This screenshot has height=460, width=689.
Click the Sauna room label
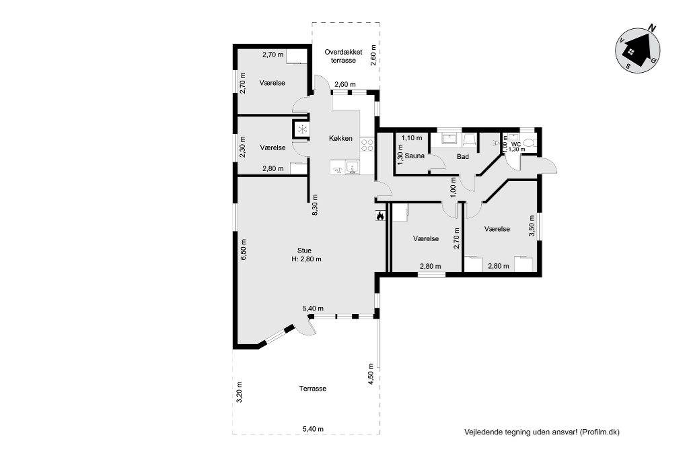click(x=414, y=156)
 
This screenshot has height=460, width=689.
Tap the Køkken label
click(x=340, y=138)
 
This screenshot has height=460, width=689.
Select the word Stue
click(x=304, y=251)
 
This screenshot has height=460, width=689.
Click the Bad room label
click(x=463, y=156)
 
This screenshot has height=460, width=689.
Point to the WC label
click(x=516, y=144)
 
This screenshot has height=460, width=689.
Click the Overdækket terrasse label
click(x=343, y=56)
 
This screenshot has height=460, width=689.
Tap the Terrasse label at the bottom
click(x=312, y=389)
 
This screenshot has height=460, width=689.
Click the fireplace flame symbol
click(x=379, y=216)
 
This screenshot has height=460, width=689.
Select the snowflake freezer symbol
click(x=301, y=129)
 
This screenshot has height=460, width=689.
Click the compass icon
click(x=637, y=51)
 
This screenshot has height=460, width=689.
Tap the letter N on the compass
click(x=653, y=28)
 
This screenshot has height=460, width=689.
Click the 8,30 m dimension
click(x=315, y=205)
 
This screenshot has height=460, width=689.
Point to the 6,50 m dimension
click(x=243, y=250)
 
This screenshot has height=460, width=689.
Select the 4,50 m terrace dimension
click(x=371, y=374)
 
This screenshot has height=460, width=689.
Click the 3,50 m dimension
click(x=532, y=226)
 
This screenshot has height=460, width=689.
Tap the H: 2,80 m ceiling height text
click(x=306, y=259)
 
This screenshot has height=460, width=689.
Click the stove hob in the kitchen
click(x=367, y=145)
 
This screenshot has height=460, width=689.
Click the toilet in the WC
click(x=530, y=143)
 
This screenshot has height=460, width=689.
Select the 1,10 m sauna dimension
click(x=412, y=138)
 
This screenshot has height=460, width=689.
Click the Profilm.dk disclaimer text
click(x=542, y=432)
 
